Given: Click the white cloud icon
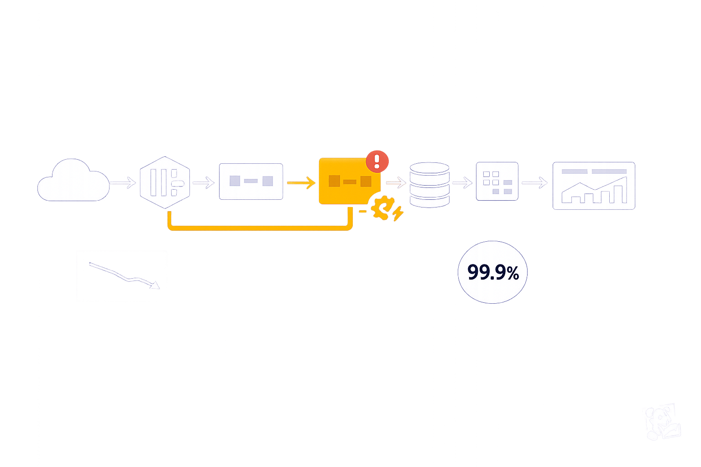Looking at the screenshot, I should coord(73,181).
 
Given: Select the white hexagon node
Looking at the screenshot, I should coord(165,182).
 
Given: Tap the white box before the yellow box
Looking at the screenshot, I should coord(251,182).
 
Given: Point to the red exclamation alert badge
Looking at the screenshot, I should coord(377,161).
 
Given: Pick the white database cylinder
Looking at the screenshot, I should coord(429,184).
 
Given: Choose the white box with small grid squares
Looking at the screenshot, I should coord(497,182).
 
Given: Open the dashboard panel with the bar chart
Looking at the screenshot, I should coord(593,186).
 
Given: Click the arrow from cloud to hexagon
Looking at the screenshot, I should coord(123,183).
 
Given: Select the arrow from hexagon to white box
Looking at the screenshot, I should coord(203,183).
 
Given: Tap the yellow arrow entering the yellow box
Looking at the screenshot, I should coord(301,183).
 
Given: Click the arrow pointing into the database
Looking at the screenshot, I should coord(395,183).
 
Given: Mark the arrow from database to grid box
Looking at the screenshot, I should coord(462,183).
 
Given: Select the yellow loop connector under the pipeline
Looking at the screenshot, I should coord(260,227).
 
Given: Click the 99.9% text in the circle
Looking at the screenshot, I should coord(493,272).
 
